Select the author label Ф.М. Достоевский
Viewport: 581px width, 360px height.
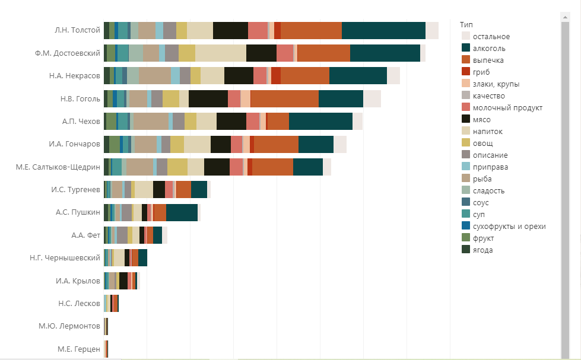point(68,53)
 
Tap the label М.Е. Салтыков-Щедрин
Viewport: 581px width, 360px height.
point(58,167)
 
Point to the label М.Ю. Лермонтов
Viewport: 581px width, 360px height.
point(69,326)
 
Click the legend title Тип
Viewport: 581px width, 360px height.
point(466,24)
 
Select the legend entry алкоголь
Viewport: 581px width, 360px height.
point(488,48)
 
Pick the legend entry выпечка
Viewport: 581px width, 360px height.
point(489,60)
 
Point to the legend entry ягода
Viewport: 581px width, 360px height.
point(483,250)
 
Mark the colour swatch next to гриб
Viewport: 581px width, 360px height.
point(466,72)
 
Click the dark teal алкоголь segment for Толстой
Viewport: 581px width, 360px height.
point(383,30)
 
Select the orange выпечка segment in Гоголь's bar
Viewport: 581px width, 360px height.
point(284,98)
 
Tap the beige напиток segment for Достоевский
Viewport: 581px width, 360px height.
point(220,53)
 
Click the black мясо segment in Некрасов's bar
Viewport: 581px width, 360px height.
point(239,76)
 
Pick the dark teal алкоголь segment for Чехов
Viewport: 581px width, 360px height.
point(320,121)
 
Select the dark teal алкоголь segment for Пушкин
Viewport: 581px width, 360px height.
point(182,212)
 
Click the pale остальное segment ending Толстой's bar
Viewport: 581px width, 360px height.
point(432,30)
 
